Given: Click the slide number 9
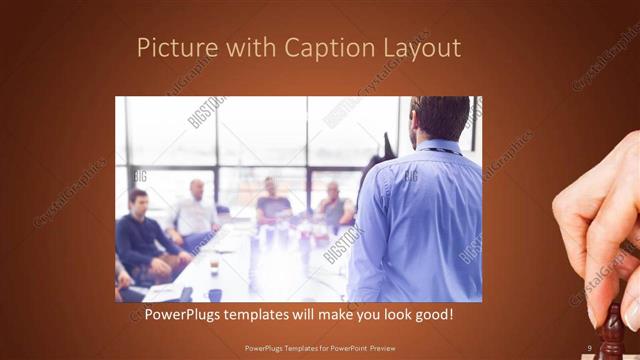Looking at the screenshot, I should (590, 347).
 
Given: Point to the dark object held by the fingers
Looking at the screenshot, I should (612, 330).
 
